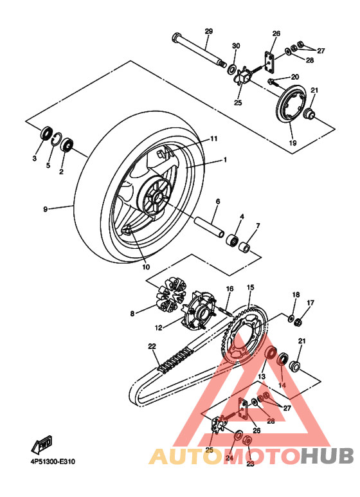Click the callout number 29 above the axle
(x=208, y=32)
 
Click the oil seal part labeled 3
(x=46, y=134)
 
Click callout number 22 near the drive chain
(x=152, y=347)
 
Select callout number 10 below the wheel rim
(x=145, y=267)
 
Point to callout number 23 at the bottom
(x=250, y=464)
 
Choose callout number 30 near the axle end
(x=235, y=46)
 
